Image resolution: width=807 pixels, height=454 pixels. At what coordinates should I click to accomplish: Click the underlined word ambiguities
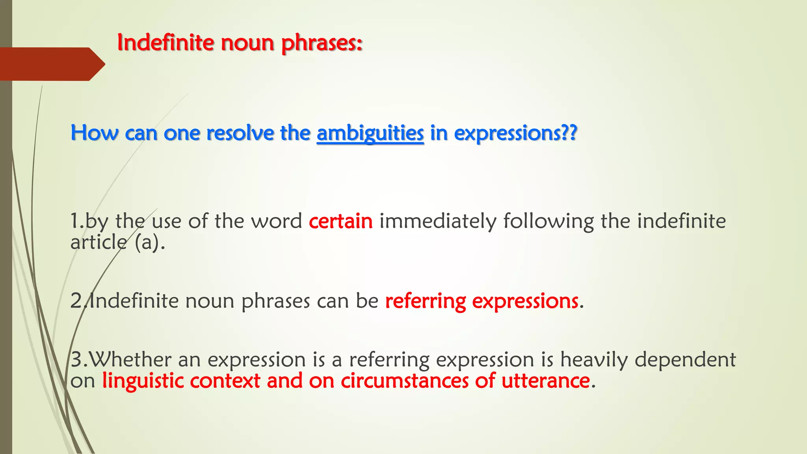tap(370, 133)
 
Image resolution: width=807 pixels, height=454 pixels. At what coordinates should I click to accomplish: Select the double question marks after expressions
tap(569, 132)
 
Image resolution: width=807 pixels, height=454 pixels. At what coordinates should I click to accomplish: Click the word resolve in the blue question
tap(240, 133)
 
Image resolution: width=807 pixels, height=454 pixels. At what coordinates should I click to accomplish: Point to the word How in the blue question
tap(94, 133)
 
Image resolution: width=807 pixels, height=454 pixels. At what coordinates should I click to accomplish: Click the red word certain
tap(340, 221)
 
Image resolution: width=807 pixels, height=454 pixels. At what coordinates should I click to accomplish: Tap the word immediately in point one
tap(437, 221)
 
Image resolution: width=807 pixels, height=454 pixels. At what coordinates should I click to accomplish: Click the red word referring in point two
tap(426, 301)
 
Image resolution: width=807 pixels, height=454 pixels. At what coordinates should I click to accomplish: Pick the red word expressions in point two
tap(525, 301)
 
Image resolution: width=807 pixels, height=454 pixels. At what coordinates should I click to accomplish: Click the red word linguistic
tap(142, 381)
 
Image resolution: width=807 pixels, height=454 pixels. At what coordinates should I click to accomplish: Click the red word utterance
tap(545, 381)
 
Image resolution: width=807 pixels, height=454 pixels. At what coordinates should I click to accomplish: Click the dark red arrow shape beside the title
tap(51, 64)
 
